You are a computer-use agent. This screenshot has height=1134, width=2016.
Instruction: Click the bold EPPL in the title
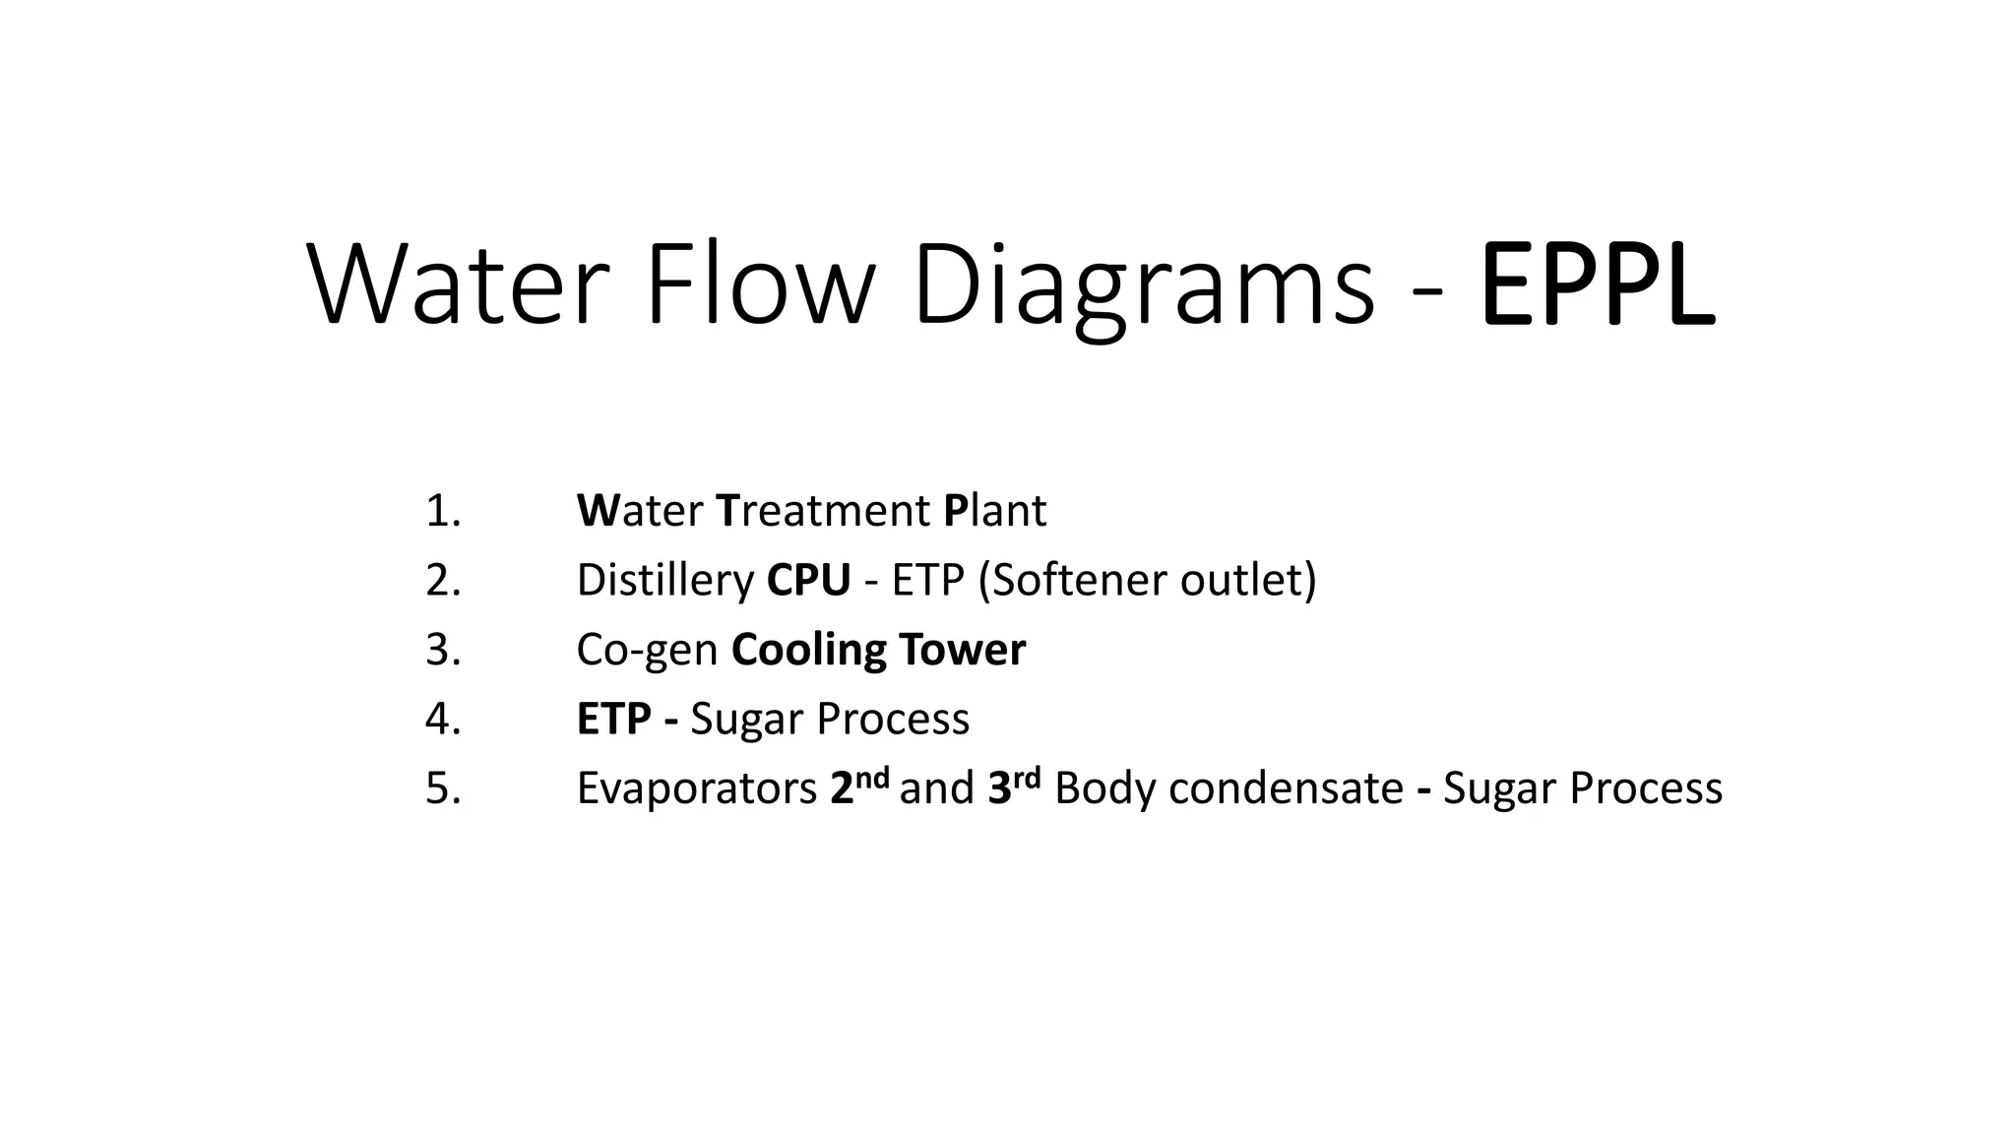tap(1597, 285)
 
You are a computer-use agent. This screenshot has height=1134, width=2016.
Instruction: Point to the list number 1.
tap(442, 511)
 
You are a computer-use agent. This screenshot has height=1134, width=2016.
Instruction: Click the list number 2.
tap(442, 580)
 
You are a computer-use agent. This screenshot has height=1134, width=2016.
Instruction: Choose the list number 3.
tap(442, 650)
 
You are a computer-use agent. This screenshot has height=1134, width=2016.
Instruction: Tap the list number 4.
tap(442, 719)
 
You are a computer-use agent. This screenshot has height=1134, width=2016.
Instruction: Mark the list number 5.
tap(442, 788)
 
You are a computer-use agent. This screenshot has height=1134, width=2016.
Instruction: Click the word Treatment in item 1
tap(823, 511)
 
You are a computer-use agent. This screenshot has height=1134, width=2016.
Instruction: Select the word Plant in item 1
tap(994, 511)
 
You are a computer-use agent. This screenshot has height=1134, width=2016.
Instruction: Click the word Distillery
tap(664, 580)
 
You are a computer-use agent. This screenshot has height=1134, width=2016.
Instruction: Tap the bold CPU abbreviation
tap(808, 580)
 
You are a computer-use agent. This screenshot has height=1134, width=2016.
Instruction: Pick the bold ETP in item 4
tap(613, 719)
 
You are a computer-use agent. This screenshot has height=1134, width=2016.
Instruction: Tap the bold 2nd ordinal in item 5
tap(858, 787)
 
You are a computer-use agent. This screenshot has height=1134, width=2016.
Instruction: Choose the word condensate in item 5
tap(1286, 788)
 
